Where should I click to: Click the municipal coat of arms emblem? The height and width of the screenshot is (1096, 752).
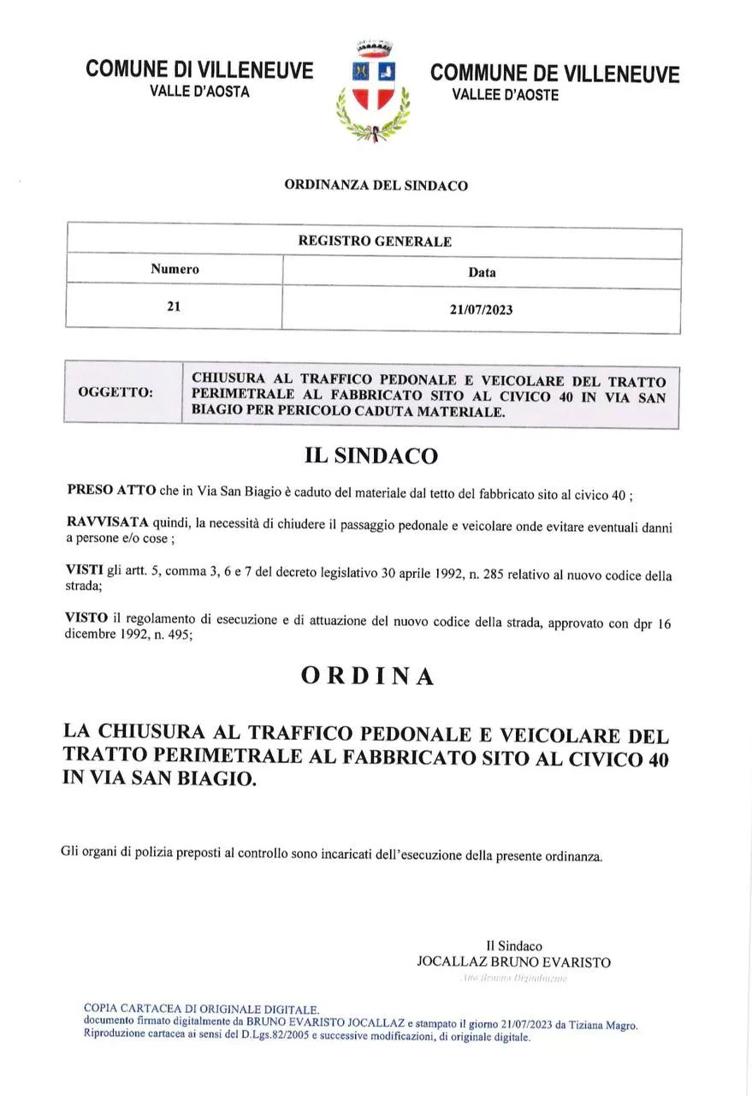(374, 91)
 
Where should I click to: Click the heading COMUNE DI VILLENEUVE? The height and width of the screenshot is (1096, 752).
(199, 70)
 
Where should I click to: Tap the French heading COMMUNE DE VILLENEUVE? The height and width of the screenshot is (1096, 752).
(555, 74)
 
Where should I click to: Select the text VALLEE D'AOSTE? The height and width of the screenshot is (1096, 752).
(505, 95)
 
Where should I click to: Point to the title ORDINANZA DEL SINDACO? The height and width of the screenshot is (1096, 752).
(376, 185)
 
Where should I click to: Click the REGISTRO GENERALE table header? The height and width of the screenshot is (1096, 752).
(374, 241)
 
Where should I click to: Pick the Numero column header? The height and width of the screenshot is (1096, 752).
(175, 270)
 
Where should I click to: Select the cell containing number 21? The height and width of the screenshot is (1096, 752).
(175, 307)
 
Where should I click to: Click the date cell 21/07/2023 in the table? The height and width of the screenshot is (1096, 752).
(481, 309)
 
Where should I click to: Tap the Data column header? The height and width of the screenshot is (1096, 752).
(482, 272)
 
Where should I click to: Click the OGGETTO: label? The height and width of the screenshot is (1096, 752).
(115, 393)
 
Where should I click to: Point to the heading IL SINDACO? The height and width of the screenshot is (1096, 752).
(370, 456)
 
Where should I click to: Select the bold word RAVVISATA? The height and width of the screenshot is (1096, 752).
(107, 522)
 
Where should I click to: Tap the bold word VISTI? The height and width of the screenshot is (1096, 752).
(84, 569)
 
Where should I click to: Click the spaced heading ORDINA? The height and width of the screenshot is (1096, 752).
(368, 676)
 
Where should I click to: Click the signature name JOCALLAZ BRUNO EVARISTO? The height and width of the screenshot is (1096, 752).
(513, 962)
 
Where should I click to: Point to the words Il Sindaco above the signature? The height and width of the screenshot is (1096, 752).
(514, 946)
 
